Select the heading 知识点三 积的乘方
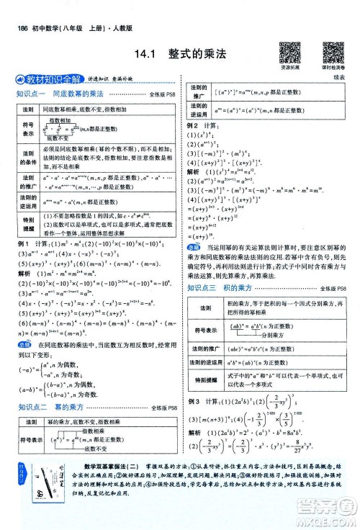(230, 268)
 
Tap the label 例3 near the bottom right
(194, 400)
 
